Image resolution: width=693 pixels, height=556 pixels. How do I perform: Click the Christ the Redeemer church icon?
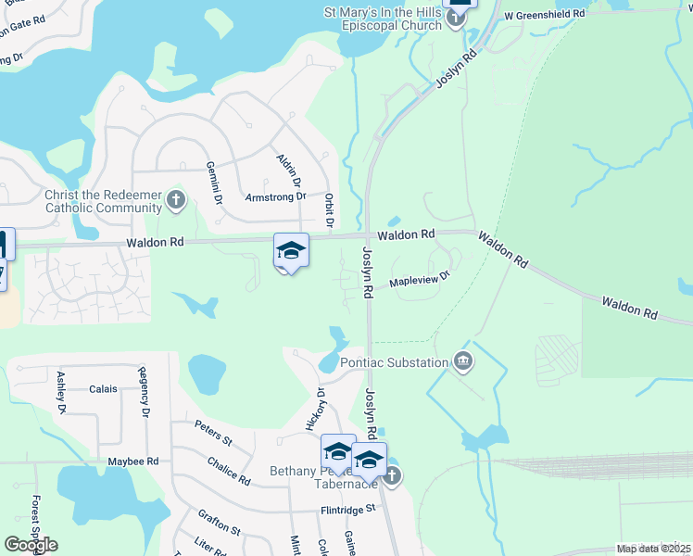(x=176, y=198)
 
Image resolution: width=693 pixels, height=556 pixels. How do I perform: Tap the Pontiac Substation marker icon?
(x=462, y=361)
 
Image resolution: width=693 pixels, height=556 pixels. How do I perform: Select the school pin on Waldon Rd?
(x=290, y=250)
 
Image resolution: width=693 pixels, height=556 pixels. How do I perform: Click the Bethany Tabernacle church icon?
(x=391, y=476)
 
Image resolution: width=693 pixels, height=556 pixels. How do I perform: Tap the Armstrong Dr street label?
(x=275, y=196)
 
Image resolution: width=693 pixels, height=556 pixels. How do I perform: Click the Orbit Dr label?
(x=329, y=210)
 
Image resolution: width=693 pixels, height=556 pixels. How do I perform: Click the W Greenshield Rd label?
(x=545, y=15)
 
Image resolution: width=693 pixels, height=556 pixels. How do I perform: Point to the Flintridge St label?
(x=343, y=508)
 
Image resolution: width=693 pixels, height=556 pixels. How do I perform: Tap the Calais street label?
(x=103, y=389)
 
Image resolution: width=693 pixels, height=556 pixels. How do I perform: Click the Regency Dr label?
(x=144, y=395)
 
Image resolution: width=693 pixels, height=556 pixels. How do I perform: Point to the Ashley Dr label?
(x=62, y=392)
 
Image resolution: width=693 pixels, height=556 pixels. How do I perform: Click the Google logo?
(x=31, y=545)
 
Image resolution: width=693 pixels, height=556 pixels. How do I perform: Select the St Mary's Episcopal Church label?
(x=383, y=19)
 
